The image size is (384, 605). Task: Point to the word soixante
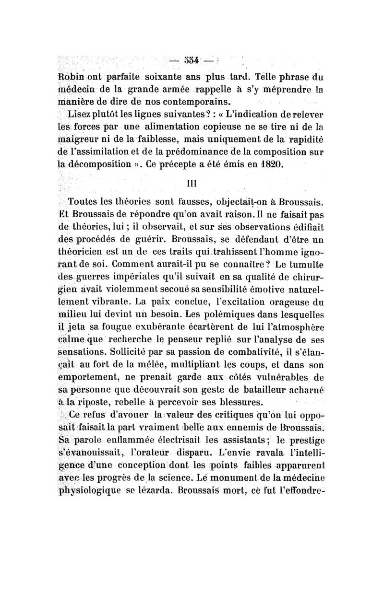(x=162, y=77)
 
